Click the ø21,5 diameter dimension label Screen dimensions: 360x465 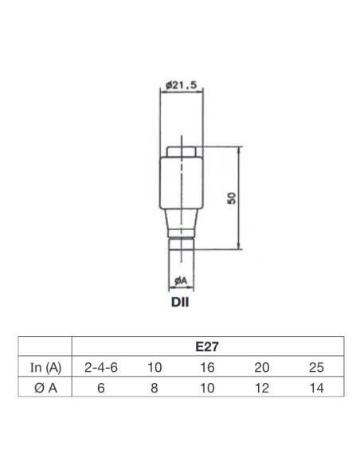click(x=181, y=85)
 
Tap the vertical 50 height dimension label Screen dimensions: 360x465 click(x=232, y=198)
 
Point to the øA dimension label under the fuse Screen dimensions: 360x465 click(x=181, y=280)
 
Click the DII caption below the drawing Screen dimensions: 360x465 click(x=180, y=303)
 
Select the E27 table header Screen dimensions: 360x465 click(x=207, y=346)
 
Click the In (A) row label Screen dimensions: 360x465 click(x=45, y=367)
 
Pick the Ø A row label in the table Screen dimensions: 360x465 click(x=45, y=388)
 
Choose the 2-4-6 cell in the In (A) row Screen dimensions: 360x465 click(x=101, y=367)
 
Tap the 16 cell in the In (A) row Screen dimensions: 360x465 click(x=207, y=367)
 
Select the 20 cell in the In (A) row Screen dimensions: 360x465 click(x=262, y=367)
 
